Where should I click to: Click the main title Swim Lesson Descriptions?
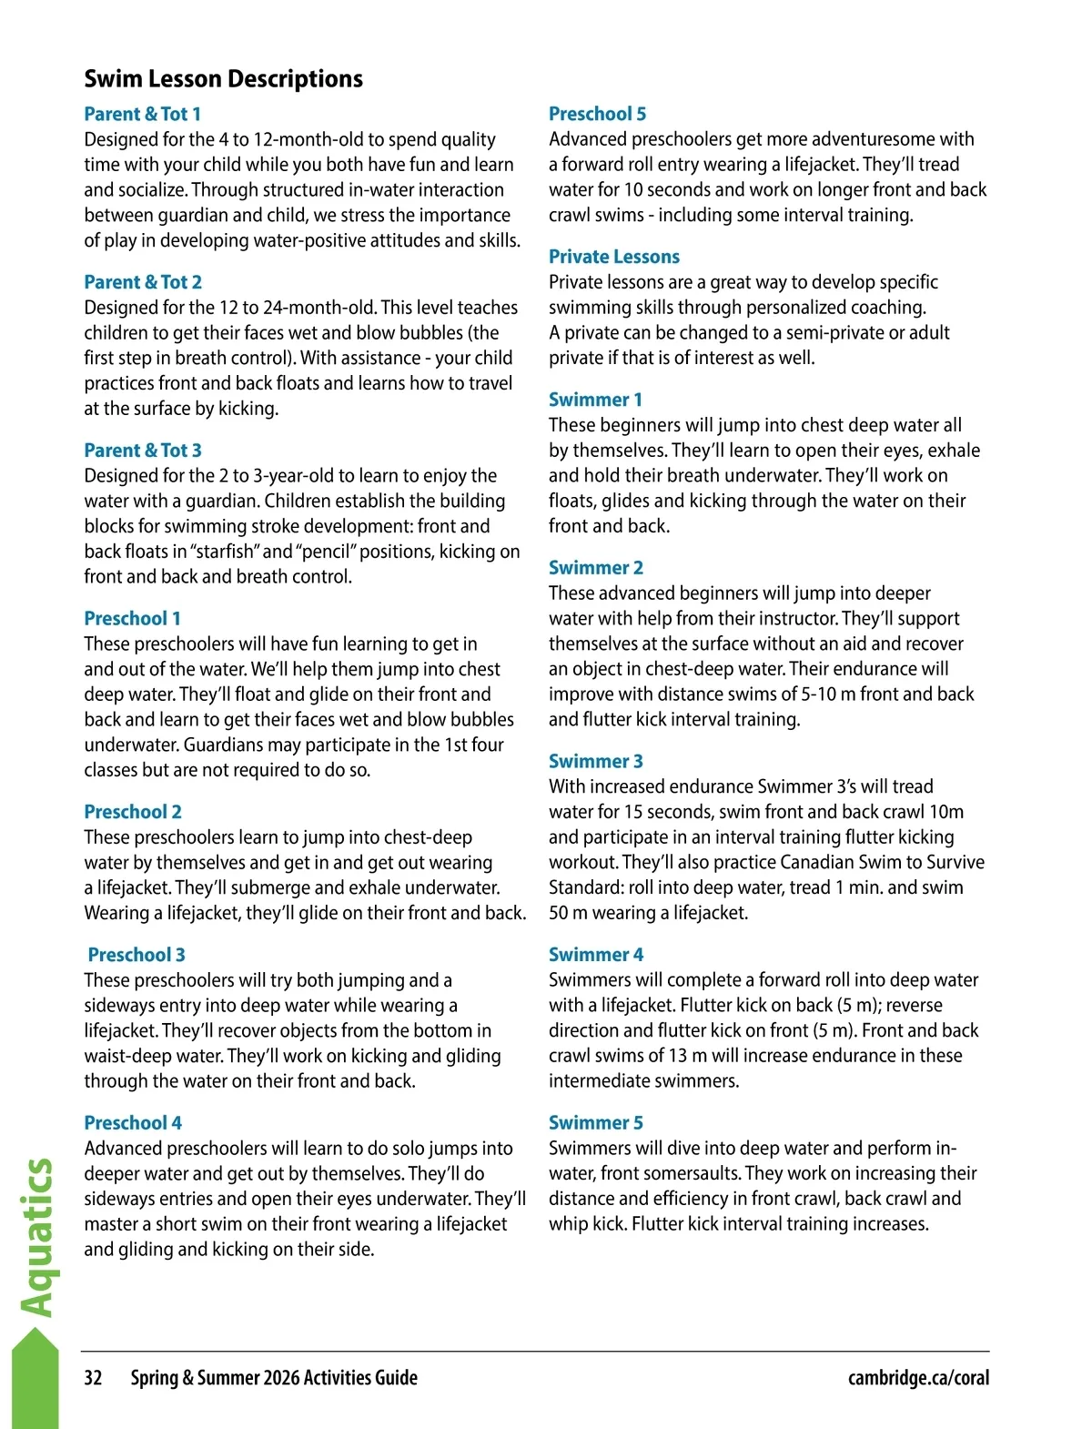(223, 79)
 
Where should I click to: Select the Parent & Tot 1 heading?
(142, 114)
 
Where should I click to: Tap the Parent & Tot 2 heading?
(143, 282)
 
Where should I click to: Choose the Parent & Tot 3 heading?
(143, 451)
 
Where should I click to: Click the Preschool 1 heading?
(132, 619)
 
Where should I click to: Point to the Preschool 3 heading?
(136, 955)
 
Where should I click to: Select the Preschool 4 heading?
(133, 1123)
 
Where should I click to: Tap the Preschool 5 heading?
(597, 114)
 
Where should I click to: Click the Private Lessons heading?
(614, 257)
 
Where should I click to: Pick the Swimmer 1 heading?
(595, 400)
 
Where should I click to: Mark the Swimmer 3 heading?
(595, 761)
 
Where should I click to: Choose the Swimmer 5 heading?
(595, 1123)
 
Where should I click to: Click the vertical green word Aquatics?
(37, 1238)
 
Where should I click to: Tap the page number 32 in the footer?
(93, 1378)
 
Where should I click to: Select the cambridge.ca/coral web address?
(918, 1378)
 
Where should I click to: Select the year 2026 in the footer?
(281, 1378)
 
